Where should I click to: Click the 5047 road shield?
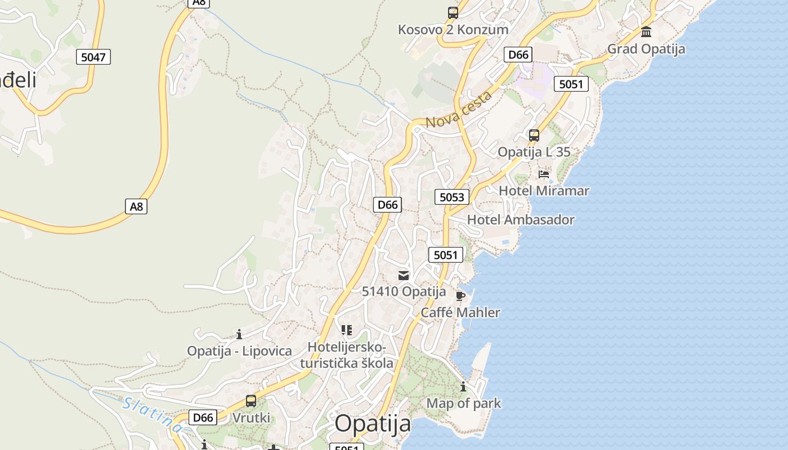click(93, 57)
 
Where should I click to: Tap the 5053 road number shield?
click(452, 197)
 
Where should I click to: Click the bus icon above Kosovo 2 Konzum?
click(453, 13)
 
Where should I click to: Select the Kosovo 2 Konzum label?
click(453, 29)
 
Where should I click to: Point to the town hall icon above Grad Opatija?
click(646, 31)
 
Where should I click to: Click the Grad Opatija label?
click(646, 49)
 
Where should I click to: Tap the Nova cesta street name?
click(459, 110)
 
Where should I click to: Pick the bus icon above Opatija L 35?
click(534, 136)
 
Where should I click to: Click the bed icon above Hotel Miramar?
click(544, 174)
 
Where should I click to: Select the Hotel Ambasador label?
click(521, 220)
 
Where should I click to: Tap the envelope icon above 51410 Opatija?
click(404, 275)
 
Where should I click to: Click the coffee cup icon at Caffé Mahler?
click(460, 296)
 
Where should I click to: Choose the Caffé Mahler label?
click(460, 313)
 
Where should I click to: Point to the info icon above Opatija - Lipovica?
click(239, 335)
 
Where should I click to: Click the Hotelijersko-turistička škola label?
click(347, 355)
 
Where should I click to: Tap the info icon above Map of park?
click(463, 387)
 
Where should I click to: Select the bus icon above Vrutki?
click(251, 401)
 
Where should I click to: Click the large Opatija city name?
click(373, 424)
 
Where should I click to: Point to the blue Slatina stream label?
click(153, 415)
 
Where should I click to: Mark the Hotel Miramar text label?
click(544, 191)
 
